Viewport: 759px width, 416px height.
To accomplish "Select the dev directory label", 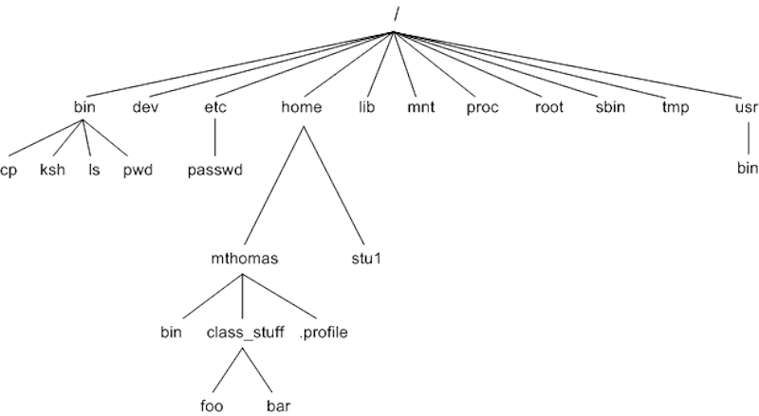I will [x=144, y=107].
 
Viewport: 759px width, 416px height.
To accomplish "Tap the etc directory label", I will [x=215, y=107].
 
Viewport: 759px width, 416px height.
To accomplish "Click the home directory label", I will [x=302, y=107].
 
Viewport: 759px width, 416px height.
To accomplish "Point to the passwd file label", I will [x=215, y=171].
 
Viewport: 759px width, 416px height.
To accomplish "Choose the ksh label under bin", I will [x=52, y=171].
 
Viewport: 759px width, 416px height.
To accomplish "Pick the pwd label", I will [x=138, y=171].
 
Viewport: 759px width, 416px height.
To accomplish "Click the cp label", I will [x=9, y=171].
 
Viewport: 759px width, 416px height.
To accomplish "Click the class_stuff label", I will [x=244, y=332].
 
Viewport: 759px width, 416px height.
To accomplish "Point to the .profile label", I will [x=324, y=332].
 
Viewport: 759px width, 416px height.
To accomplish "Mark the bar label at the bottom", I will [x=277, y=407].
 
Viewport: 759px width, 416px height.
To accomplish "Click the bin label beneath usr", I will [x=748, y=171].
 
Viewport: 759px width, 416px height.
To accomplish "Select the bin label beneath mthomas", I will [x=171, y=332].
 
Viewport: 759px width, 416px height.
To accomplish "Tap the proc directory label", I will [x=481, y=107].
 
